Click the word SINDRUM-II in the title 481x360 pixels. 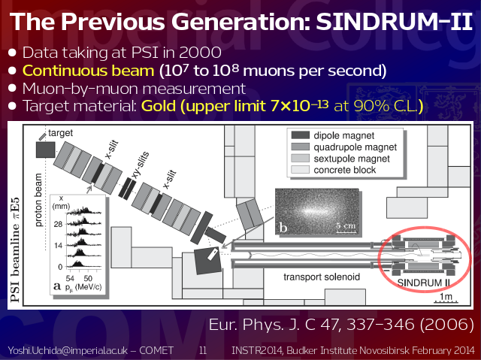point(394,22)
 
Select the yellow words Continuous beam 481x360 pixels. point(89,71)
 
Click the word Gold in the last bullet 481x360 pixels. point(159,106)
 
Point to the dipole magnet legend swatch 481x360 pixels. point(301,135)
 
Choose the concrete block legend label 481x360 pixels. point(344,170)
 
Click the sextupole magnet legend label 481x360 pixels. point(352,159)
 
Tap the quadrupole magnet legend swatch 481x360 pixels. point(301,147)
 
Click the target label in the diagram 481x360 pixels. point(60,133)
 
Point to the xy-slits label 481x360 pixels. point(140,165)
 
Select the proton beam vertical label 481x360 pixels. point(38,200)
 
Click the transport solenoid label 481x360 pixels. point(322,277)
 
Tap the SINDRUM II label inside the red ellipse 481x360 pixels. point(424,283)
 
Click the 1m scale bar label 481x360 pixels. point(446,297)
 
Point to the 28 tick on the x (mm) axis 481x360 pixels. point(58,224)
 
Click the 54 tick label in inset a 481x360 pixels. point(70,278)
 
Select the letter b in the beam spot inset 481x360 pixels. point(283,228)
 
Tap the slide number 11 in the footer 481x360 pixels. point(203,350)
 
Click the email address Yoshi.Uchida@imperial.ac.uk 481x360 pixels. point(68,350)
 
